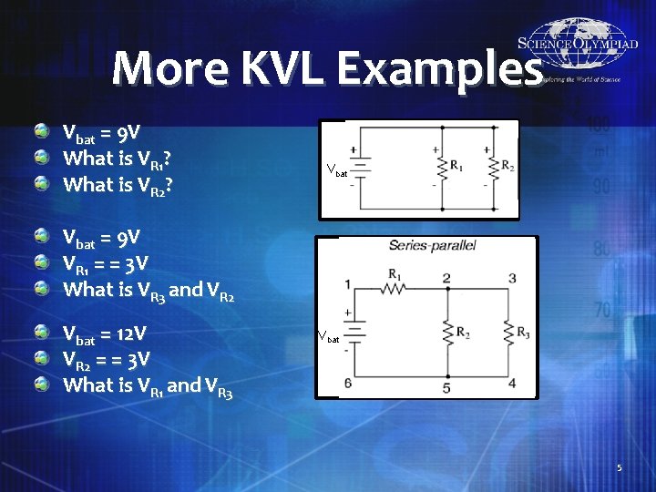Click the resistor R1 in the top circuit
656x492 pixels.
click(x=442, y=168)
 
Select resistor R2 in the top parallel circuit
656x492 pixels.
click(x=493, y=168)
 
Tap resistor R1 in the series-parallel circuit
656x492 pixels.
click(x=395, y=289)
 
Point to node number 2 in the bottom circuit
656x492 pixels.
click(x=446, y=277)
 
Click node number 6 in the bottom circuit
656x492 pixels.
click(x=348, y=383)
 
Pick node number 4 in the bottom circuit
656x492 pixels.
click(x=511, y=383)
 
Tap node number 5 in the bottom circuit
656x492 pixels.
click(x=446, y=388)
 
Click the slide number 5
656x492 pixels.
click(x=619, y=468)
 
